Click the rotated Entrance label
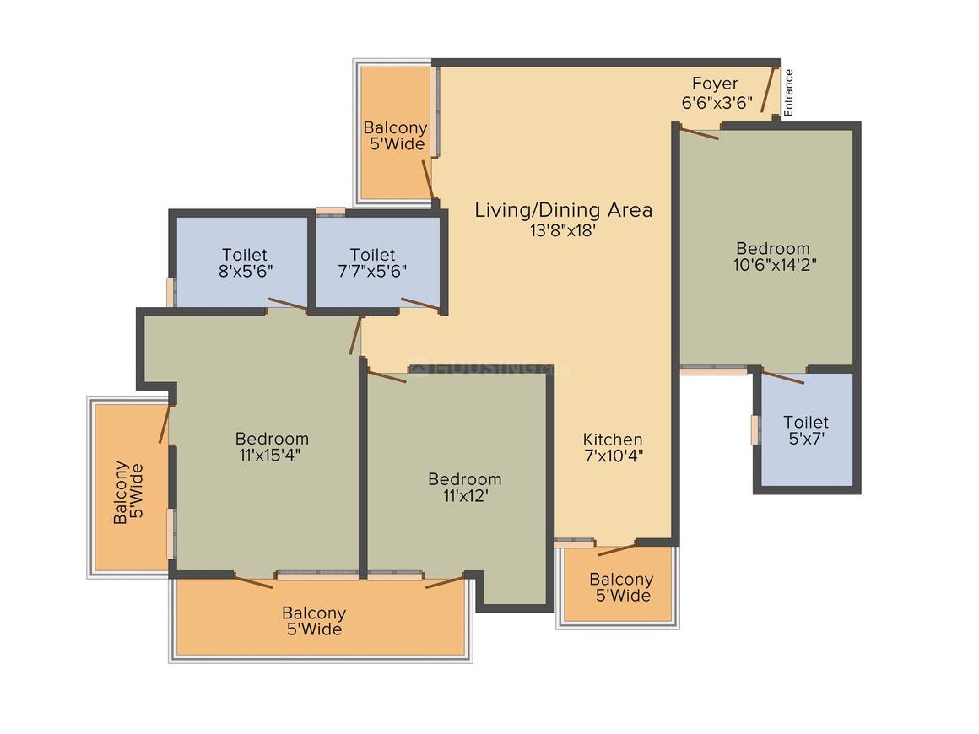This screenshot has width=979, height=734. point(788,92)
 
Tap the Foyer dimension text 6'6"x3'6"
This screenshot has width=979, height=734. point(717,102)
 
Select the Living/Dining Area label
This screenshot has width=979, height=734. point(563,210)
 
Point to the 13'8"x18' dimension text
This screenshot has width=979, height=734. point(563,231)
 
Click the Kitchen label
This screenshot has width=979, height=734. point(613,440)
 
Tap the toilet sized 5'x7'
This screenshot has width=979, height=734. point(807,429)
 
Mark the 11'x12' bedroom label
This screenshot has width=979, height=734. point(464,488)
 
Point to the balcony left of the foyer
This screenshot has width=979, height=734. point(396,132)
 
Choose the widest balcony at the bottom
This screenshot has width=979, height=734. point(321,617)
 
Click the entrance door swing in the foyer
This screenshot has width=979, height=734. point(768,89)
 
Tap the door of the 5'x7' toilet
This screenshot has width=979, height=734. point(782,377)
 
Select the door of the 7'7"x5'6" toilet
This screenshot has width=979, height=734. point(421,304)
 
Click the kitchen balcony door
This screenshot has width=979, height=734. point(616,550)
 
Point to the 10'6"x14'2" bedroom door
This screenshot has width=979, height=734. point(700,133)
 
